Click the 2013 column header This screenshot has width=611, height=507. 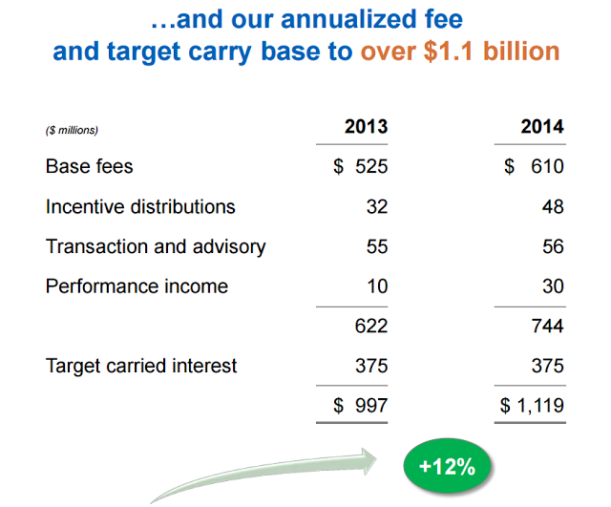click(367, 127)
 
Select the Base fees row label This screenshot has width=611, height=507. click(90, 166)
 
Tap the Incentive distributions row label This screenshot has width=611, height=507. click(140, 206)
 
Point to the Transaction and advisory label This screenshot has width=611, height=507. click(156, 246)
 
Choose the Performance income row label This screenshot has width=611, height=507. click(137, 286)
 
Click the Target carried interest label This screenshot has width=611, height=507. click(141, 366)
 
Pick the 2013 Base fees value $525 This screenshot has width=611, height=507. click(361, 166)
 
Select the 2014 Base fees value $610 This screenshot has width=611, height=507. click(536, 166)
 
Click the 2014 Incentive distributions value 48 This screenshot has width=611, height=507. click(553, 206)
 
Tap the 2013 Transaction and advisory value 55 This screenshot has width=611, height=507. click(377, 246)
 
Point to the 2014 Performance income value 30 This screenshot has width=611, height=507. click(553, 286)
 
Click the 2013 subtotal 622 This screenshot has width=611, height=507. click(371, 327)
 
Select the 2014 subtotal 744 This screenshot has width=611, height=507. click(548, 327)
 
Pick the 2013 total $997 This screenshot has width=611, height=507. click(361, 406)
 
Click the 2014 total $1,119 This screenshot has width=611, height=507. click(533, 406)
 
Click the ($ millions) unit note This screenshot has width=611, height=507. click(72, 130)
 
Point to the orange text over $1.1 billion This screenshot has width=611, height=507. click(460, 51)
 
